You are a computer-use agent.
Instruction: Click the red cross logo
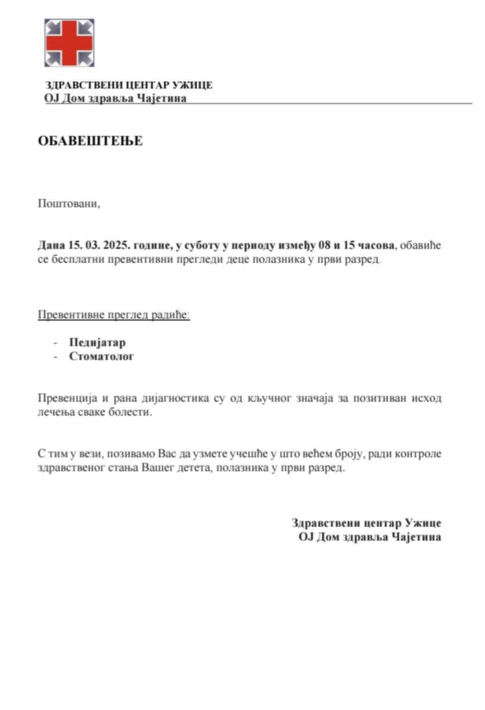(69, 43)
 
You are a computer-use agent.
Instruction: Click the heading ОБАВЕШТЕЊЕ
(90, 141)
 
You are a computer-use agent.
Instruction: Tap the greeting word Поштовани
(69, 203)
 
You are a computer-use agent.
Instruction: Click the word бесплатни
(80, 259)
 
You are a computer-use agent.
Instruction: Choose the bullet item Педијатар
(97, 342)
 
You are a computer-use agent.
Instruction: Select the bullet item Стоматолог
(101, 356)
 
